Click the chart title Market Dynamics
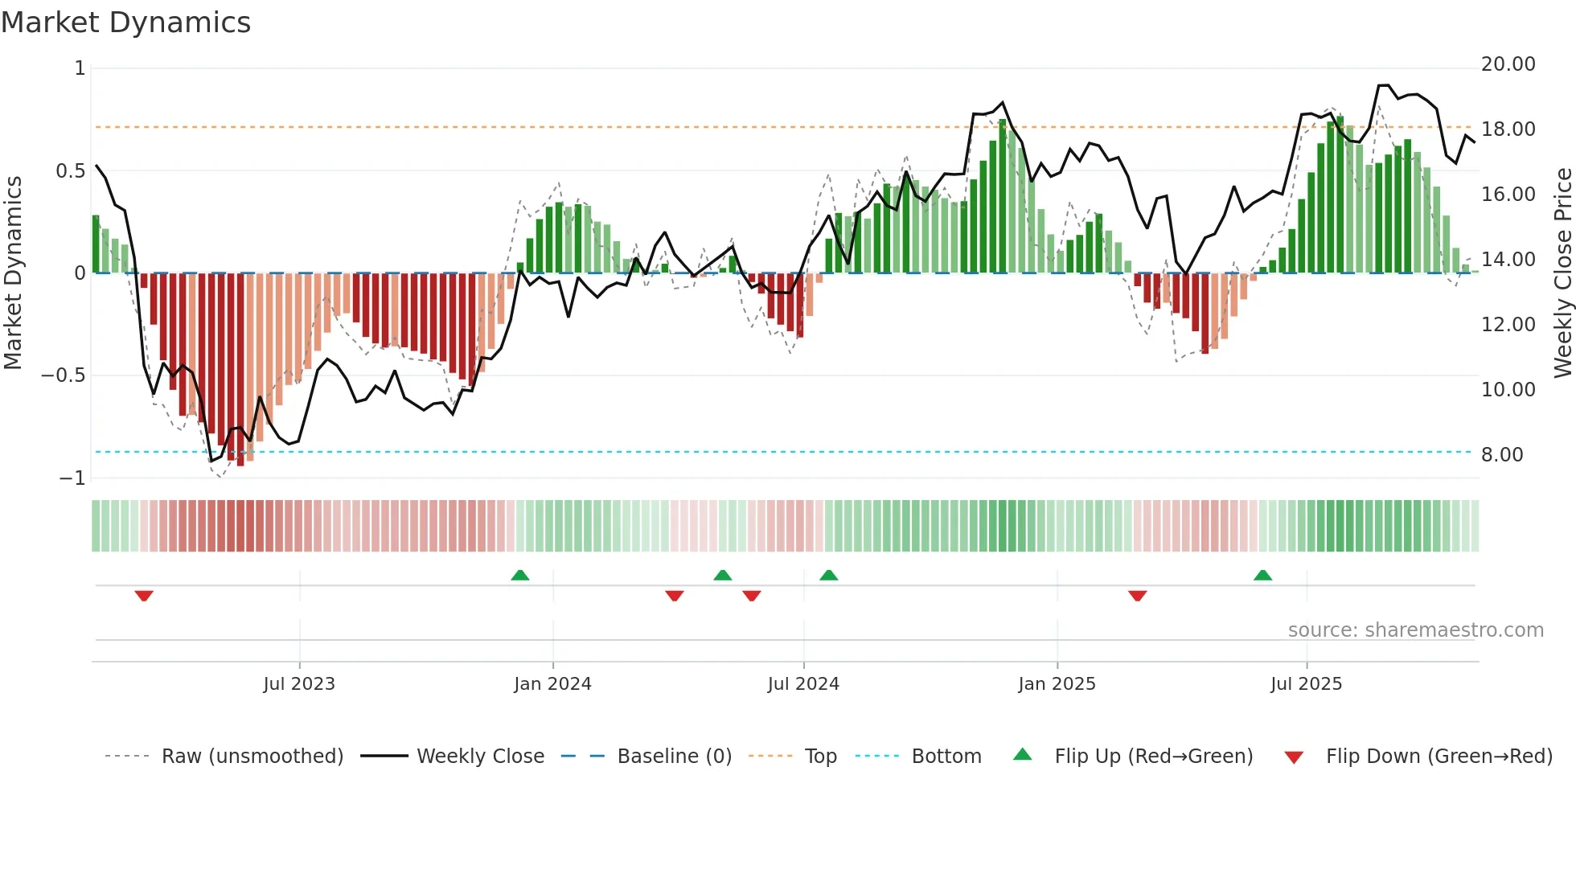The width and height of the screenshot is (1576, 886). (125, 23)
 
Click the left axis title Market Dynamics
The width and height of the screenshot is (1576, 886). (13, 273)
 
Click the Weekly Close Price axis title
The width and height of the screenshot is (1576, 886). (1562, 273)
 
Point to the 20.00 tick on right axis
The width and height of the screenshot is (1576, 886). (1508, 64)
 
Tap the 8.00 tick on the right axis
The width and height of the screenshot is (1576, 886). (1501, 455)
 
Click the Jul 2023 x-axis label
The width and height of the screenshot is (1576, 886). (299, 684)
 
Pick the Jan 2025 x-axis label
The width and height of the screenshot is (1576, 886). (1057, 684)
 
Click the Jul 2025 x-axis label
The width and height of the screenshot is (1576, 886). (1306, 684)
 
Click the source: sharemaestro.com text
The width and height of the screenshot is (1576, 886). (1415, 630)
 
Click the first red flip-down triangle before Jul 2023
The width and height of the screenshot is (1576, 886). (144, 596)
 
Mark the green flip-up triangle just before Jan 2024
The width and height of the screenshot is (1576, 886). (520, 575)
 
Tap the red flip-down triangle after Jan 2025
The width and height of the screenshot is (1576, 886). (1137, 596)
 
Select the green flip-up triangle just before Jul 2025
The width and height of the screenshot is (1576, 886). (1262, 575)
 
